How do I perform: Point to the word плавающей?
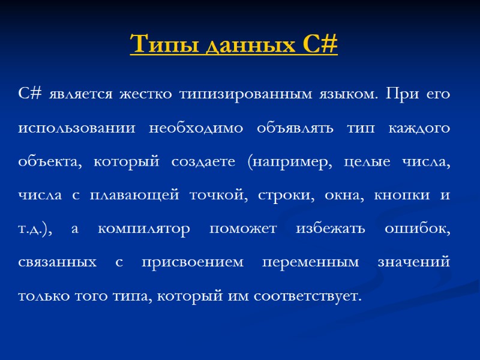tap(137, 195)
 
